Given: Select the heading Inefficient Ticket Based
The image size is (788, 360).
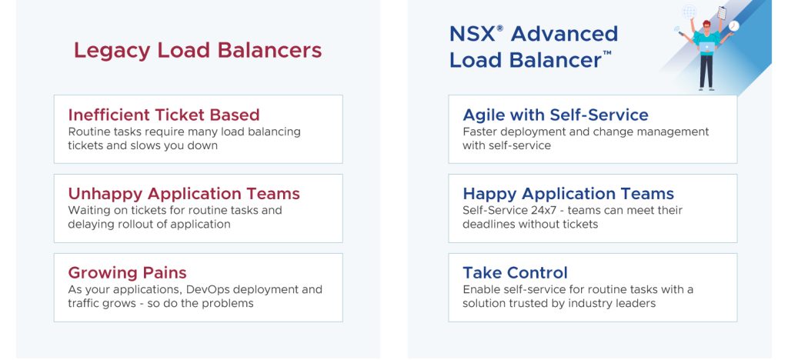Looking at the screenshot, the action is [164, 115].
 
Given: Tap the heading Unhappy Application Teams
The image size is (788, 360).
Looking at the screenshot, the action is [184, 194].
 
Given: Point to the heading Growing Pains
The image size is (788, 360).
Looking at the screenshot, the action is [127, 272].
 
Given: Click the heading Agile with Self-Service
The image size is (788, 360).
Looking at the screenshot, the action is [556, 115].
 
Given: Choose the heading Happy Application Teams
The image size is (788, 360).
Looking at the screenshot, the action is [569, 194].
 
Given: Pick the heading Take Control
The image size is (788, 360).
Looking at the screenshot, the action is [515, 272].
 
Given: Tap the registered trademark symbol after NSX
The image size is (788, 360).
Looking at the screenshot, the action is [500, 28].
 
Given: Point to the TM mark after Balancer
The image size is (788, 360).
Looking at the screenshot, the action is [607, 53].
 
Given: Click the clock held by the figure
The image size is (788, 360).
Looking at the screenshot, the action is [734, 25].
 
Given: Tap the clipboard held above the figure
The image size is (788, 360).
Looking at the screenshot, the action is [722, 13].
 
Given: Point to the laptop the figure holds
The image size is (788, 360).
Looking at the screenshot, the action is [706, 48].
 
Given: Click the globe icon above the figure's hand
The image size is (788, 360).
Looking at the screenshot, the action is [689, 11].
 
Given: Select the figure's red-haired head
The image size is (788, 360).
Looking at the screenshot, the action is [706, 25].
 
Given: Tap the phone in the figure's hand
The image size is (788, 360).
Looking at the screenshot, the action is [682, 34].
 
